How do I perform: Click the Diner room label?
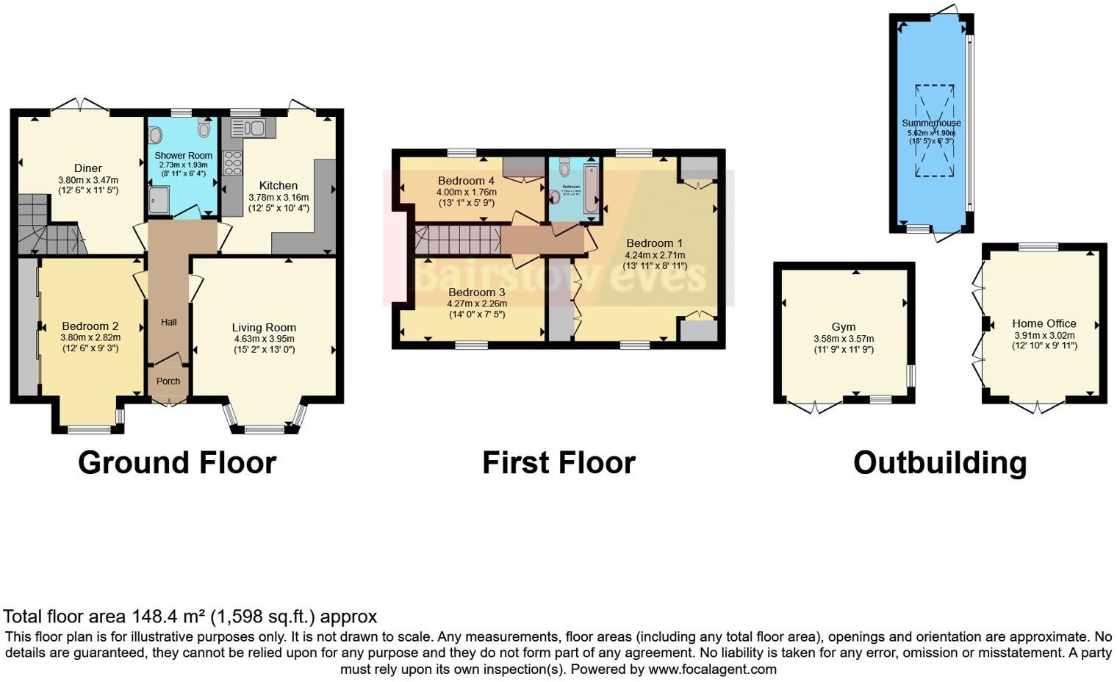click(88, 168)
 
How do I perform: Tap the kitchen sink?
click(248, 128)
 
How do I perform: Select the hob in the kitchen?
click(233, 162)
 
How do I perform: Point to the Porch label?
click(168, 381)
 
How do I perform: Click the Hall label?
click(168, 322)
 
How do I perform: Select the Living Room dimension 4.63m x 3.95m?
click(264, 339)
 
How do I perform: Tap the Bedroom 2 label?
click(90, 326)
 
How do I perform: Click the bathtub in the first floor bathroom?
click(591, 189)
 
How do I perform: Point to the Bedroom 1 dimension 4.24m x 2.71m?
click(654, 255)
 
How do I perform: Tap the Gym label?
click(844, 327)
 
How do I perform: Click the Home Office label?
click(1044, 323)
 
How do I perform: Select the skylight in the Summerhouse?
click(934, 131)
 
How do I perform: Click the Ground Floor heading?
click(177, 463)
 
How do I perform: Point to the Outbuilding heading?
click(939, 463)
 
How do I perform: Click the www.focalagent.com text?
click(712, 670)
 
